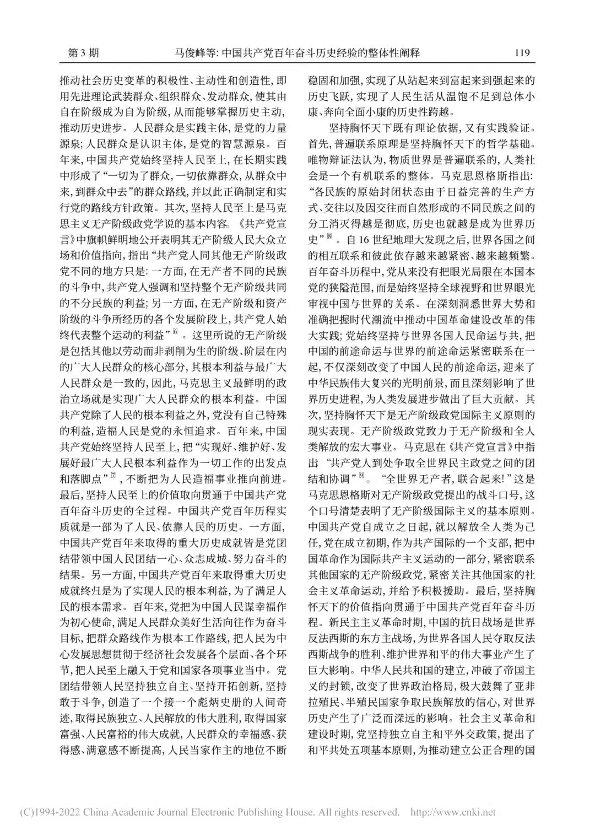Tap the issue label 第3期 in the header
coord(83,53)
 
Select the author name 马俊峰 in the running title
coord(189,53)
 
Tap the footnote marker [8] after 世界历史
coord(329,238)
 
